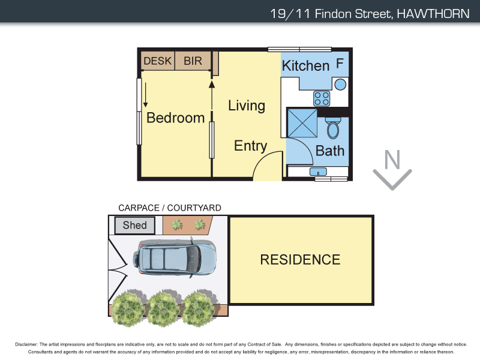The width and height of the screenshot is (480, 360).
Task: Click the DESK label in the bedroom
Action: click(x=158, y=61)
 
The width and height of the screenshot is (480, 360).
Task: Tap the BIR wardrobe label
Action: click(x=193, y=61)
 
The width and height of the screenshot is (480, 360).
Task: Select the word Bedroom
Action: click(x=175, y=118)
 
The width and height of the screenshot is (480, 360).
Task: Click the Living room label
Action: click(x=247, y=106)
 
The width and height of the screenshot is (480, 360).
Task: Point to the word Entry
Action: click(x=250, y=146)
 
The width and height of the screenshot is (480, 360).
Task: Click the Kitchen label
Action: click(x=305, y=65)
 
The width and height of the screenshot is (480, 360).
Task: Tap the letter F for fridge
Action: click(x=340, y=63)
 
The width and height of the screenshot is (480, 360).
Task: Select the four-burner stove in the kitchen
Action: click(x=322, y=98)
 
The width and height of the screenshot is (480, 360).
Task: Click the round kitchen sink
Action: click(x=340, y=84)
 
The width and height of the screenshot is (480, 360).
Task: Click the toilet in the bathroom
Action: click(x=332, y=127)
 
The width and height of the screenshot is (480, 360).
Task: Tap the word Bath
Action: click(x=330, y=150)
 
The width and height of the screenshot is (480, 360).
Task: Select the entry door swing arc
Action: click(x=267, y=165)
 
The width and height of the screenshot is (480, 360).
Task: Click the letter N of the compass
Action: click(x=392, y=160)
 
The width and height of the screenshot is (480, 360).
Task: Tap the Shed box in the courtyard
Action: click(x=135, y=226)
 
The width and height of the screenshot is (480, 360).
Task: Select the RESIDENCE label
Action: click(x=299, y=260)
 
